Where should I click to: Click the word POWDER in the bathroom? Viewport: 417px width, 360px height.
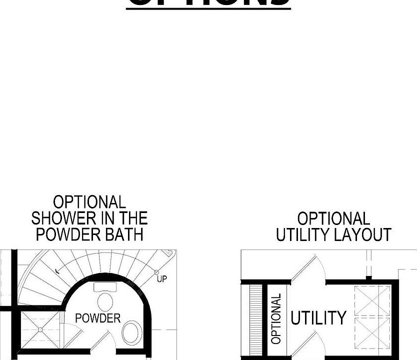click(97, 318)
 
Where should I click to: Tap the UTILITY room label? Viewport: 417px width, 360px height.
click(318, 318)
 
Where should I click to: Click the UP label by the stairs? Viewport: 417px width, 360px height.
click(161, 279)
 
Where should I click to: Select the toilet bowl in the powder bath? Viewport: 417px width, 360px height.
click(105, 301)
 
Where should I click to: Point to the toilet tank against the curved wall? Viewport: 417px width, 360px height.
click(105, 287)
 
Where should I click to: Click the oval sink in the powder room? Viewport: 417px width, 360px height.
click(131, 332)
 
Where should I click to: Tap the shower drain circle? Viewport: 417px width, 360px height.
click(39, 329)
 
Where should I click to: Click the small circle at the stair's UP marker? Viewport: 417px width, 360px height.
click(156, 273)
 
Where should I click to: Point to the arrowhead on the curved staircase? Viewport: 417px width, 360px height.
click(57, 271)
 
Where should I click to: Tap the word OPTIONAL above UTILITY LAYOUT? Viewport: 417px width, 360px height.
click(333, 219)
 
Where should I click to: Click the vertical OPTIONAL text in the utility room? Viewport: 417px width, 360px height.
click(276, 318)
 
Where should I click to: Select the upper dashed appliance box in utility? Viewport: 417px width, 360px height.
click(372, 300)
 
